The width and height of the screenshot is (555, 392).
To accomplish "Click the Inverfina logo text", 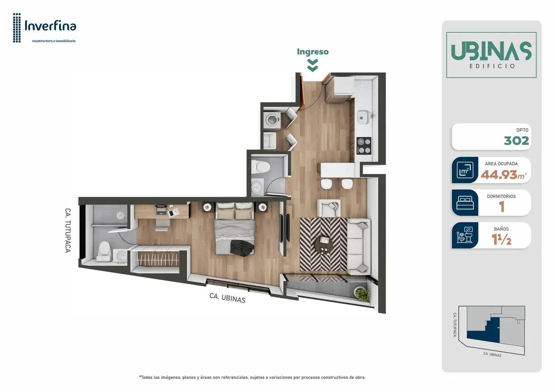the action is coord(51,26).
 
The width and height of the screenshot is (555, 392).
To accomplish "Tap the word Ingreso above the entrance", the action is coord(313,52).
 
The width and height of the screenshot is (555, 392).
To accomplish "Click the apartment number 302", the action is coord(517,141).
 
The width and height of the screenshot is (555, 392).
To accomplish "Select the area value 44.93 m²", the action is coord(504,175).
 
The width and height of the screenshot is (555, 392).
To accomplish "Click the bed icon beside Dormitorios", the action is coord(465,202).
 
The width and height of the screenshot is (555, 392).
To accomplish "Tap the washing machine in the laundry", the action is coord(272,120).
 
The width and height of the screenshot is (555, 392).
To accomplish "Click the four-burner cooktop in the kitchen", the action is coord(364,146).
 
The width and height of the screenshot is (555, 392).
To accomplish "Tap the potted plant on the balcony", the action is coord(363,294).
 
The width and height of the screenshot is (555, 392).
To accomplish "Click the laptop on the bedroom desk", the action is coord(161,210).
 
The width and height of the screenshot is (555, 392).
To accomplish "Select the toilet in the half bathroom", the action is coord(260,167).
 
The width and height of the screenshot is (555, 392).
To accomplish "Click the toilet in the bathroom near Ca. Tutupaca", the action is coord(104,251).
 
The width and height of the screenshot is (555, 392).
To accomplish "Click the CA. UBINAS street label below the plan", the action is coord(227,298).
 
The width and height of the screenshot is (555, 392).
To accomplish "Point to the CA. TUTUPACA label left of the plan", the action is coord(68,230).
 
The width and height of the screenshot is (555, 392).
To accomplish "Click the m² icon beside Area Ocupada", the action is coord(465,170).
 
